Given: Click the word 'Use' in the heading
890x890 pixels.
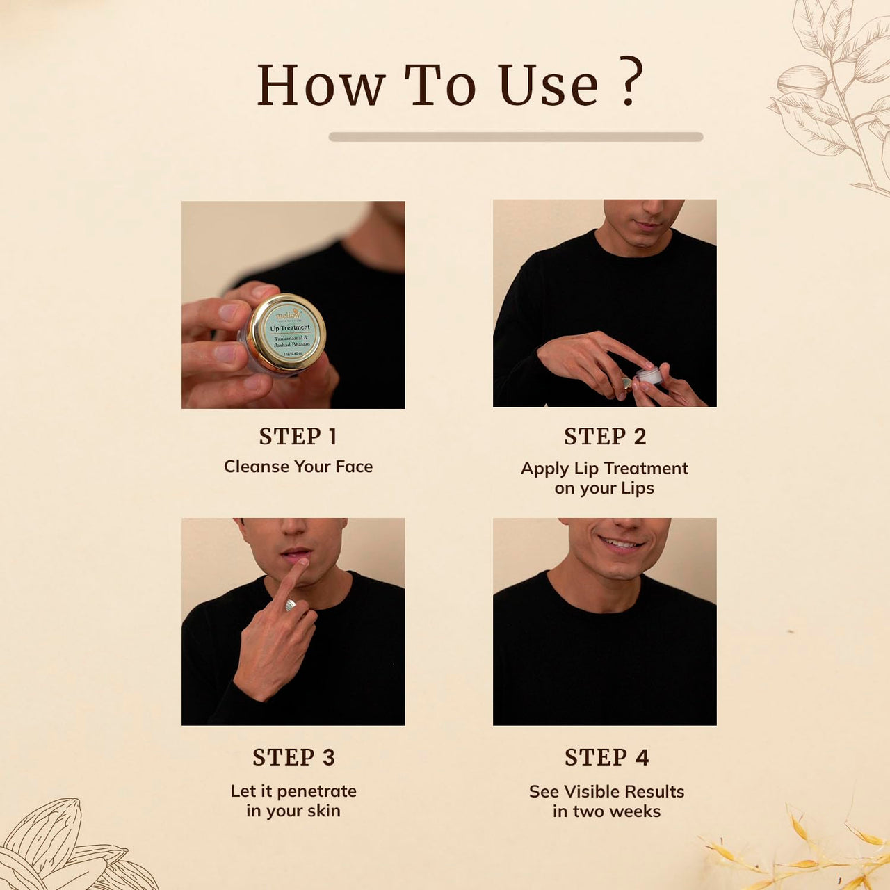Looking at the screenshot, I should (x=548, y=86).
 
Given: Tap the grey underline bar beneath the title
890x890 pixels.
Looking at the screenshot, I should (x=515, y=137).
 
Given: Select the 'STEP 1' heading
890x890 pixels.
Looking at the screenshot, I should (x=298, y=436).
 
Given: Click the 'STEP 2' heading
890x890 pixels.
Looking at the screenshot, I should (x=605, y=436).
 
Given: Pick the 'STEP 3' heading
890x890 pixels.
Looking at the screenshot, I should (x=293, y=756).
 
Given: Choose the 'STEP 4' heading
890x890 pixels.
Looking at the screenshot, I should (x=606, y=756).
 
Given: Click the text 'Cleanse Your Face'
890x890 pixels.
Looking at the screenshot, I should (x=298, y=467).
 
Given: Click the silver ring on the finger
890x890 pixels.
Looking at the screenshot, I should (x=290, y=605).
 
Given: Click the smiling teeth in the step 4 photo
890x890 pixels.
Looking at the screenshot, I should (x=620, y=543).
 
